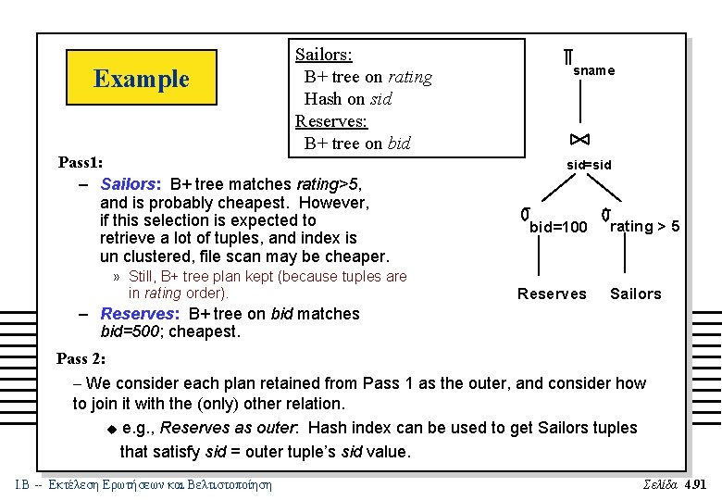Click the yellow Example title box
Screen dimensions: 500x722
tap(142, 79)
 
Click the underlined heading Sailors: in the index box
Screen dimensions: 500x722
tap(323, 55)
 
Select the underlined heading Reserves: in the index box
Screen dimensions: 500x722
tap(330, 121)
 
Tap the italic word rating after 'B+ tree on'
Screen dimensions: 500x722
tap(409, 77)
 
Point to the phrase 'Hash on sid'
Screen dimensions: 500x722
tap(348, 99)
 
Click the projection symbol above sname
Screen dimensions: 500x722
tap(566, 57)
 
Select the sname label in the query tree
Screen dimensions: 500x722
tap(593, 70)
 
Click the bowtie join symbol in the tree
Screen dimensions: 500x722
tap(579, 140)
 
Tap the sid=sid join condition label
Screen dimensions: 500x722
tap(589, 165)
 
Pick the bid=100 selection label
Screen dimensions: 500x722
tap(558, 227)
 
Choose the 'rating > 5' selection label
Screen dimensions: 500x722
tap(645, 226)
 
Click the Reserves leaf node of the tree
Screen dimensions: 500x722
tap(552, 294)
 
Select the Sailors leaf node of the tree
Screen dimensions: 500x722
tap(635, 294)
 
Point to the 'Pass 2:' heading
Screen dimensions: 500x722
tap(81, 358)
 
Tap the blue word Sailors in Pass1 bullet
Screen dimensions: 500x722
tap(130, 184)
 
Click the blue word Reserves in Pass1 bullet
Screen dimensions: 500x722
tap(139, 314)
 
